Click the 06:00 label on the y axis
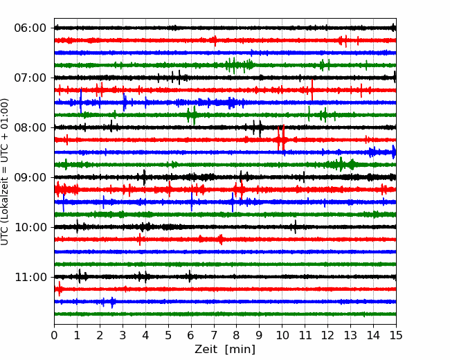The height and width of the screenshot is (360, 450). pyautogui.click(x=30, y=28)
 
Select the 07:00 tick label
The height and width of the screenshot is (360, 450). pyautogui.click(x=30, y=78)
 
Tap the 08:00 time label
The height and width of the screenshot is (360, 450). pyautogui.click(x=30, y=127)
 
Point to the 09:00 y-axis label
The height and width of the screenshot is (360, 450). pyautogui.click(x=30, y=177)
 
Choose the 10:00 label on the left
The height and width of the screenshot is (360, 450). pyautogui.click(x=30, y=227)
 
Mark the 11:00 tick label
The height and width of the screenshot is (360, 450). pyautogui.click(x=30, y=277)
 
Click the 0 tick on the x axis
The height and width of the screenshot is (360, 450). pyautogui.click(x=54, y=335)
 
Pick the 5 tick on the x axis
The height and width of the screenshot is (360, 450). pyautogui.click(x=168, y=335)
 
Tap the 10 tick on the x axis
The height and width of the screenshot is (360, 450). pyautogui.click(x=282, y=335)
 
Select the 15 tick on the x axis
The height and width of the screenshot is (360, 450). pyautogui.click(x=396, y=335)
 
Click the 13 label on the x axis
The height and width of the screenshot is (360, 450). pyautogui.click(x=350, y=335)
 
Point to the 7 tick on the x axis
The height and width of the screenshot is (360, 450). pyautogui.click(x=214, y=335)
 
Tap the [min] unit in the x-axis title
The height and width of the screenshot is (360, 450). pyautogui.click(x=240, y=350)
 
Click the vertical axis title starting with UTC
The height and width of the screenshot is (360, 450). pyautogui.click(x=4, y=172)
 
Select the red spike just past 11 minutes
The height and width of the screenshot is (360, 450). pyautogui.click(x=312, y=90)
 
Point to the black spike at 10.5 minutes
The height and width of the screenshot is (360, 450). pyautogui.click(x=296, y=227)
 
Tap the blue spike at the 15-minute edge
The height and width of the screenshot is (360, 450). pyautogui.click(x=394, y=152)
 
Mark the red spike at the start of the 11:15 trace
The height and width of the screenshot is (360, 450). pyautogui.click(x=59, y=289)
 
